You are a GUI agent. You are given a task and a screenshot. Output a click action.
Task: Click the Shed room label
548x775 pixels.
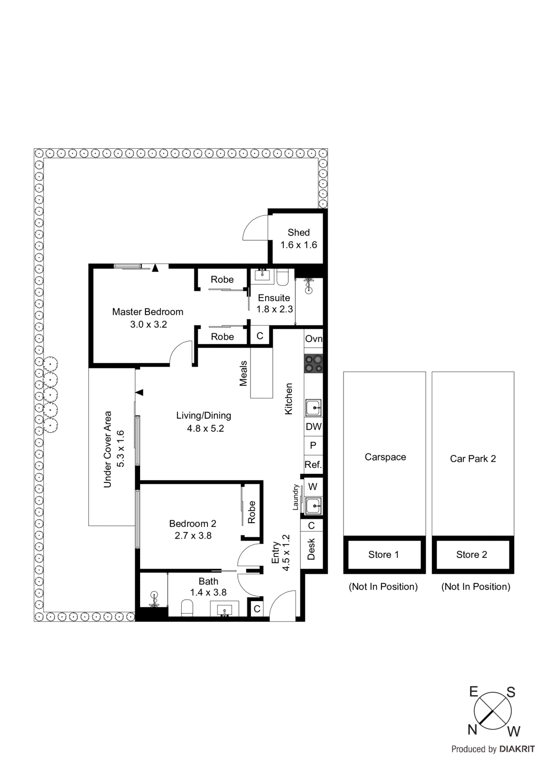tap(298, 232)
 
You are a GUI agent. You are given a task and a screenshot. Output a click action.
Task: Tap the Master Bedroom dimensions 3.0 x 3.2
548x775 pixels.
tap(148, 325)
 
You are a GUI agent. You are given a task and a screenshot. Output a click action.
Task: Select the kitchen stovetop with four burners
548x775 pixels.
tap(313, 364)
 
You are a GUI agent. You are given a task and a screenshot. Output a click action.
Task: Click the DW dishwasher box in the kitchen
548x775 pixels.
tap(313, 427)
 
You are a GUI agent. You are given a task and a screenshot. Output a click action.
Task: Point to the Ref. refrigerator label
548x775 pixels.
tap(313, 465)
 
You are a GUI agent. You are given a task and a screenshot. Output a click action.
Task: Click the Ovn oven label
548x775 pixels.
tap(313, 339)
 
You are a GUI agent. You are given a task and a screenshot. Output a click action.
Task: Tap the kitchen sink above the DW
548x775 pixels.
tap(313, 407)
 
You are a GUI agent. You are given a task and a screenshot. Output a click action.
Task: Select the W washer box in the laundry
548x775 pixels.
tap(313, 486)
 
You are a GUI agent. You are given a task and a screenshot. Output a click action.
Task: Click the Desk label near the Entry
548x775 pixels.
tap(312, 549)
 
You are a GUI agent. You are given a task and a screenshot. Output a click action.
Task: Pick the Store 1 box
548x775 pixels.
tap(384, 555)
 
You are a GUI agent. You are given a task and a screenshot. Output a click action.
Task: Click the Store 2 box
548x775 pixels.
tap(471, 555)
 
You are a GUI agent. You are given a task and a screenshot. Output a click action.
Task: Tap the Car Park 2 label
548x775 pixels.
tap(473, 459)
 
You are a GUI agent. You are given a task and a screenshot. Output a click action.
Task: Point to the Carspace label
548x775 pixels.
tap(385, 457)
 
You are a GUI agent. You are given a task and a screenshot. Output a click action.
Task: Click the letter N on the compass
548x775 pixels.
tap(472, 729)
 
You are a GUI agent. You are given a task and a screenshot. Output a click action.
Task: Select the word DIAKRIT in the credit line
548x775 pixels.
tap(517, 749)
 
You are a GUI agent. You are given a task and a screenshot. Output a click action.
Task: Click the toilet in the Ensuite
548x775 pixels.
tap(283, 277)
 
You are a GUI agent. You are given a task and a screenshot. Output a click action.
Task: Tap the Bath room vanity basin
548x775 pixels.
tap(224, 610)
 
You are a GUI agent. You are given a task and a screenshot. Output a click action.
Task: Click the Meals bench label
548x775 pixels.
tap(243, 373)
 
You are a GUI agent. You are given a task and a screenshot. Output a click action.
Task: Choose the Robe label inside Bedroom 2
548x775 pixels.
tap(251, 512)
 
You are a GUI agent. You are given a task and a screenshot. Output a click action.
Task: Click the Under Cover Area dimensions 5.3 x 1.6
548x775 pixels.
tap(121, 449)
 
